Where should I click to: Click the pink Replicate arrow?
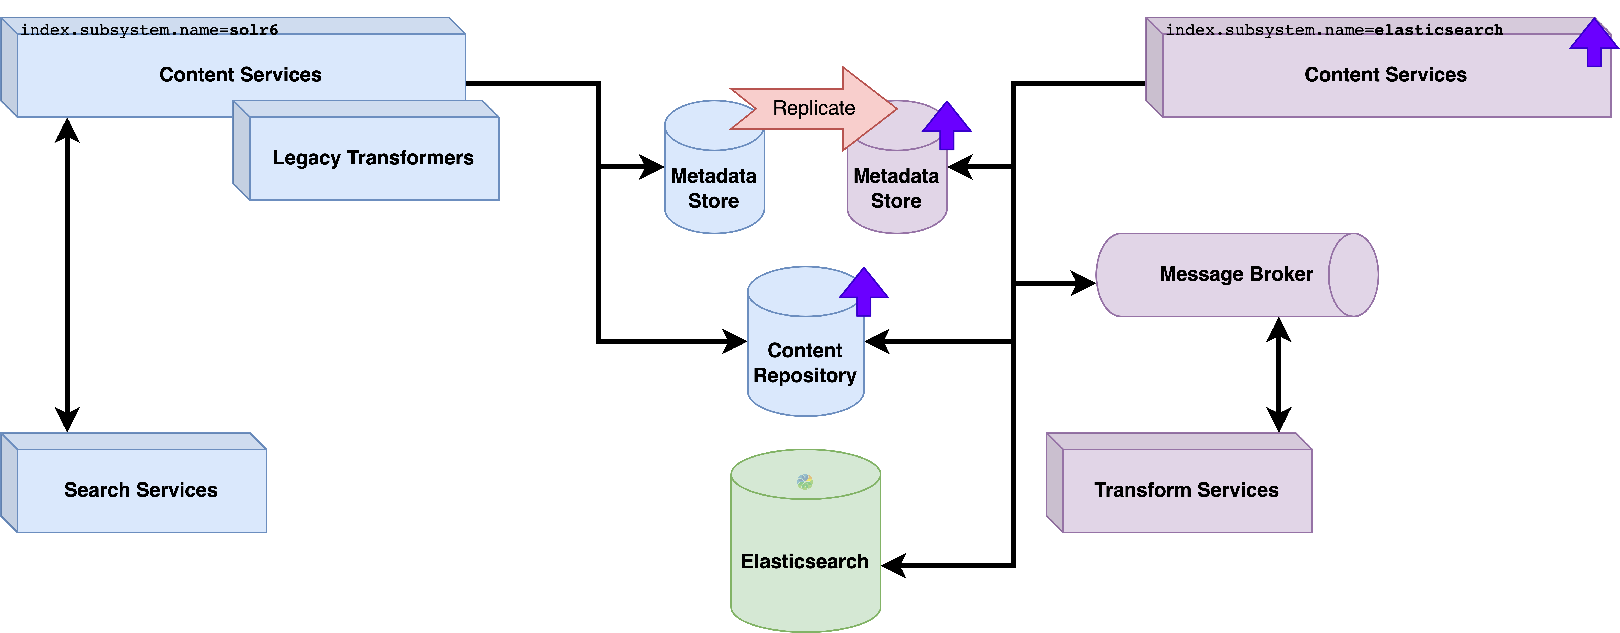[x=814, y=108]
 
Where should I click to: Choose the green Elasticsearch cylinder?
[x=805, y=561]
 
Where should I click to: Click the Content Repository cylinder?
[x=805, y=362]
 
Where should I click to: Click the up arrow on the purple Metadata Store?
[x=947, y=125]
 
